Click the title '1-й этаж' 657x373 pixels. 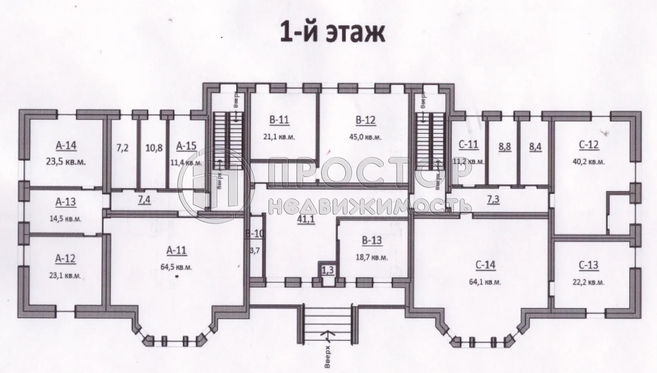(x=332, y=33)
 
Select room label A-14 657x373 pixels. (x=66, y=145)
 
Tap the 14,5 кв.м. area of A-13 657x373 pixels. (x=66, y=219)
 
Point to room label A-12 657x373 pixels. (x=66, y=258)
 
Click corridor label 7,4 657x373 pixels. (x=144, y=200)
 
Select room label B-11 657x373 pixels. (x=279, y=120)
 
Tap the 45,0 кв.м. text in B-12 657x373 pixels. (x=365, y=137)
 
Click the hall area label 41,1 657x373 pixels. (x=306, y=219)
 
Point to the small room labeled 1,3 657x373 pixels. (x=327, y=270)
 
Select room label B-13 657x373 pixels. (x=372, y=241)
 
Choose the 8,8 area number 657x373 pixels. (x=505, y=147)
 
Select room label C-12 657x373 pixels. (x=588, y=145)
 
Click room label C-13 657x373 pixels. (x=588, y=265)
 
